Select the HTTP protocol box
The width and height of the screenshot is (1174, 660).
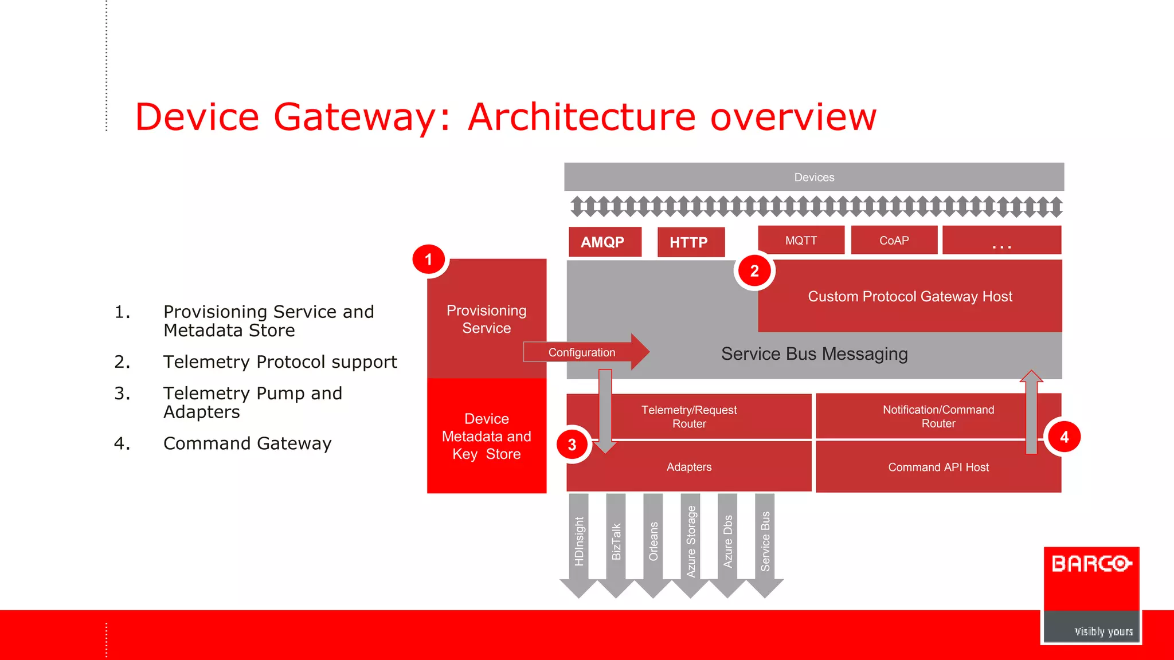pyautogui.click(x=690, y=242)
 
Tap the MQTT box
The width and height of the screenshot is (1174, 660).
pyautogui.click(x=801, y=240)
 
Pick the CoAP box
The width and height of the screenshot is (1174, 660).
pyautogui.click(x=894, y=240)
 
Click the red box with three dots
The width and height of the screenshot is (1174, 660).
pyautogui.click(x=1001, y=240)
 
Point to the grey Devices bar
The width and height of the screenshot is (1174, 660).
pyautogui.click(x=813, y=177)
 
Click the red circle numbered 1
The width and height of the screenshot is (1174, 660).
pyautogui.click(x=429, y=260)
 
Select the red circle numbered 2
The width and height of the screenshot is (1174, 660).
pyautogui.click(x=754, y=271)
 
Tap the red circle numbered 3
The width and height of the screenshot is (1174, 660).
pyautogui.click(x=572, y=445)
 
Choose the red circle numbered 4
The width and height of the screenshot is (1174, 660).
pyautogui.click(x=1064, y=437)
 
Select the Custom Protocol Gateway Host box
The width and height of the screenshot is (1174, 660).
pyautogui.click(x=910, y=296)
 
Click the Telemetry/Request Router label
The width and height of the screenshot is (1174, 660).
pyautogui.click(x=689, y=417)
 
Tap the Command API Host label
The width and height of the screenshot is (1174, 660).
pyautogui.click(x=938, y=467)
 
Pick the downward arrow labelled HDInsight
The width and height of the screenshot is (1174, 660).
pyautogui.click(x=579, y=542)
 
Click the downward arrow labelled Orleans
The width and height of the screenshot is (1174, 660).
pyautogui.click(x=653, y=542)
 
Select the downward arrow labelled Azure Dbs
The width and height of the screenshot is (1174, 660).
pyautogui.click(x=727, y=542)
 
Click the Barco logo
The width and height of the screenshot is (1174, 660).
pyautogui.click(x=1091, y=579)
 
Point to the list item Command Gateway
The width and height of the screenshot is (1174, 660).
pyautogui.click(x=247, y=443)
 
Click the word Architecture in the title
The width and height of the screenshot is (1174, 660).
pyautogui.click(x=582, y=117)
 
